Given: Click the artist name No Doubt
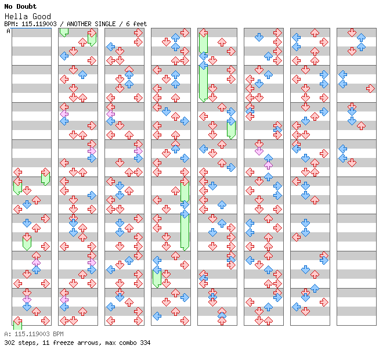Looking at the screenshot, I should click(20, 6).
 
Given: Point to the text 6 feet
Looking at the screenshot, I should click(135, 24).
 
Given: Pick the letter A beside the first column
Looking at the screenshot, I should click(9, 31).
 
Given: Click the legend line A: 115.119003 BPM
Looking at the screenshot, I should click(34, 334).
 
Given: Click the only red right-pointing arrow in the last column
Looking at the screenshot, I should click(370, 88).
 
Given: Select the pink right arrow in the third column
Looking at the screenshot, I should click(138, 152).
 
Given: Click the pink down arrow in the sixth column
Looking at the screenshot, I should click(259, 152).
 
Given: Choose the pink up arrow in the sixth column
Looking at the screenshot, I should click(268, 163).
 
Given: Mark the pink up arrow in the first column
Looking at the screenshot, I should click(36, 263).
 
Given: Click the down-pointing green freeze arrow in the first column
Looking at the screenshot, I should click(27, 242).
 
